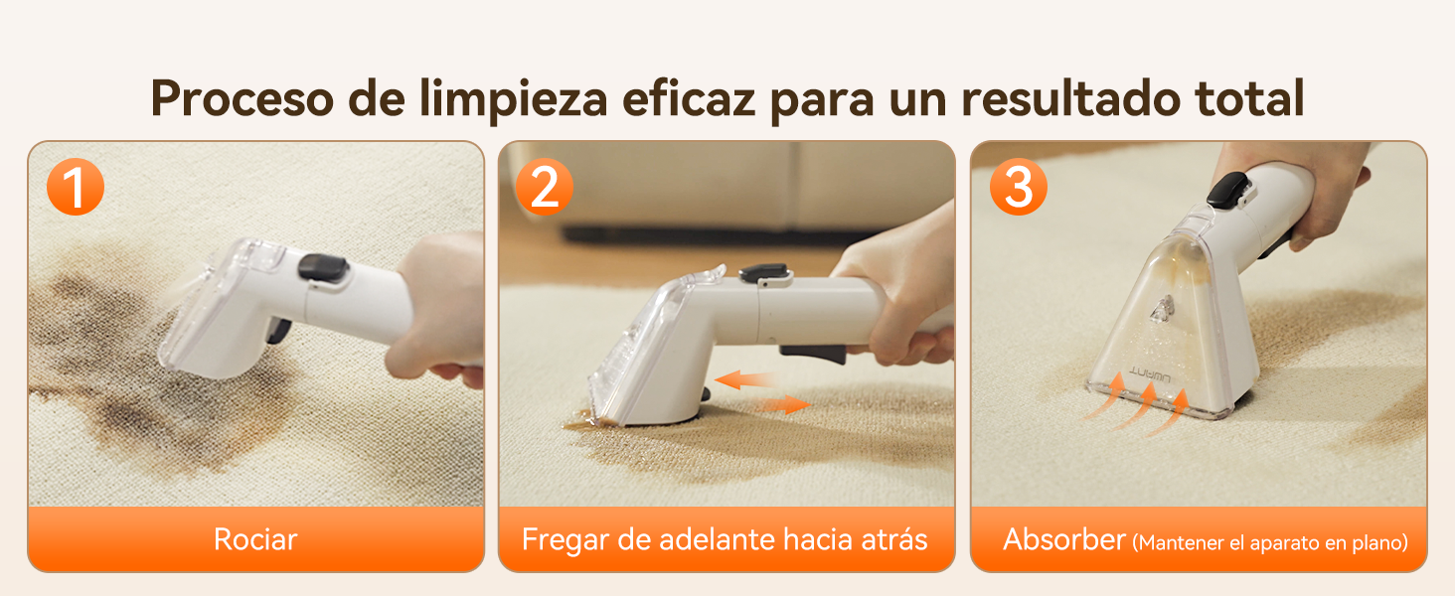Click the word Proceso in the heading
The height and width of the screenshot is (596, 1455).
tap(242, 98)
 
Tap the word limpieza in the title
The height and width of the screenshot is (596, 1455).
tap(513, 98)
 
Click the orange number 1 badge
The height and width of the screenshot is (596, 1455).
tap(76, 187)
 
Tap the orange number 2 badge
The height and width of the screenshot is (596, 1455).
tap(545, 187)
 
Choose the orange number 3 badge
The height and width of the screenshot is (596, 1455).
tap(1018, 187)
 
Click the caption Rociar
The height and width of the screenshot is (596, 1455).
tap(255, 539)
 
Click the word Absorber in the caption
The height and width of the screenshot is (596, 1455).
tap(1064, 539)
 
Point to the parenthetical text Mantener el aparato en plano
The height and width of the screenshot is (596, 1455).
tap(1270, 542)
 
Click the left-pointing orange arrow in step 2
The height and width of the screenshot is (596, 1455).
tap(744, 379)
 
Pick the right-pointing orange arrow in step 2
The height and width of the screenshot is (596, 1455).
tap(783, 404)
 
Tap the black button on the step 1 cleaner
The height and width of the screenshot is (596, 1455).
tap(323, 268)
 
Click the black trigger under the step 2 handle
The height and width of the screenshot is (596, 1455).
tap(813, 355)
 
